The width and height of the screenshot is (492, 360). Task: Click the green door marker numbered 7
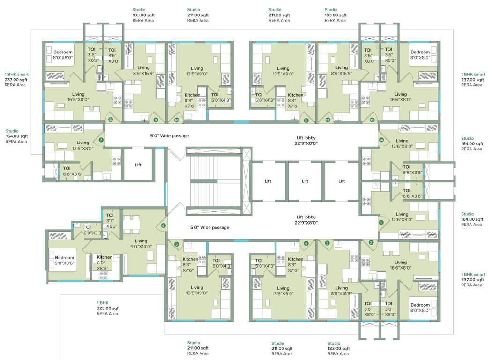point(101,140)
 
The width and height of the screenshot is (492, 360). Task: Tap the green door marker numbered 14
point(381,140)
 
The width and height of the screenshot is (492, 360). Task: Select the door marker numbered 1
point(381,223)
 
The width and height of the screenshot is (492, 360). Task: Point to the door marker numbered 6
point(164,225)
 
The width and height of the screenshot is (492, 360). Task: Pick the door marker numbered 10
point(177,120)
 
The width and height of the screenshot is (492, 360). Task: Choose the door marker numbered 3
point(327,243)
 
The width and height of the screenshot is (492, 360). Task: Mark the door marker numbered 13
point(372,120)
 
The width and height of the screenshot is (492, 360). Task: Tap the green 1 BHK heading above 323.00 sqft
point(103,303)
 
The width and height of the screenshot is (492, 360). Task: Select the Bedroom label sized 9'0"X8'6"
point(64,257)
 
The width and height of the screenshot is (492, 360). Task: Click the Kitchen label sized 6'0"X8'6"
point(104,257)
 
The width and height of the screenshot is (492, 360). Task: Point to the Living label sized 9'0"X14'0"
point(141,241)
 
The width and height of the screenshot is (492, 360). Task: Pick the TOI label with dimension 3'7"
point(110,215)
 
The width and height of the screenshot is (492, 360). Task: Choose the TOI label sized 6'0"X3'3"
point(87,227)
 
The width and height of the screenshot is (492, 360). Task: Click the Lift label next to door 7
point(138,165)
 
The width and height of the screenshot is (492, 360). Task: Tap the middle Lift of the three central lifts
point(305,181)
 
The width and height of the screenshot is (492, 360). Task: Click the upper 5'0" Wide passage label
point(169,136)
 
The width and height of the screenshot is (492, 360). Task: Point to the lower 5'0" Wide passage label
point(209,227)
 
